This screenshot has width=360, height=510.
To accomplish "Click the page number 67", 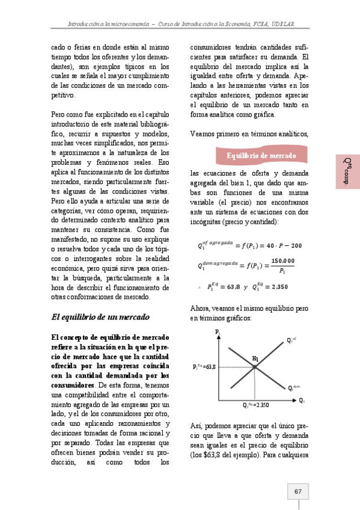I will click(x=297, y=491).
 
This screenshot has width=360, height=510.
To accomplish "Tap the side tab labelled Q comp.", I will click(x=347, y=171).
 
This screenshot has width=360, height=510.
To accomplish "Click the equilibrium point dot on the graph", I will click(x=255, y=366).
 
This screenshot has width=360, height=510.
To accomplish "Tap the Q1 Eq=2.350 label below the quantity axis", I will click(x=255, y=405).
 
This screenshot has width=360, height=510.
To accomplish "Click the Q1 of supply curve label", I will click(x=292, y=340).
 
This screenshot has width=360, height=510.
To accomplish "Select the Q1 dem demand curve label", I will click(x=293, y=388).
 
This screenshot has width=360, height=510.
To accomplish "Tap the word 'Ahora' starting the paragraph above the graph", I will click(x=200, y=307).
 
